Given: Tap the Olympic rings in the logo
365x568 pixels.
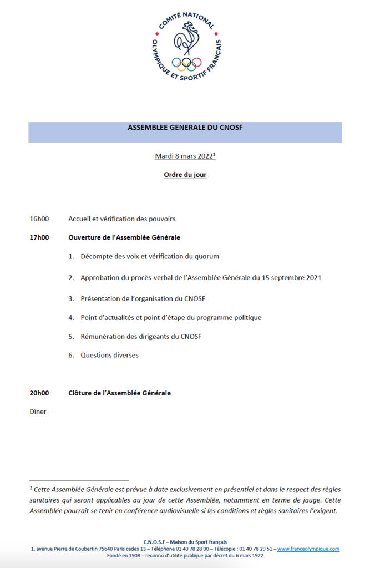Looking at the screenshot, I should coord(186,63).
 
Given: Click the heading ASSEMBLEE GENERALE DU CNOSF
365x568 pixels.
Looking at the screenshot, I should coord(185,127).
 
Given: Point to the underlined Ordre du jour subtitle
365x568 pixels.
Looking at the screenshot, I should coord(185,175).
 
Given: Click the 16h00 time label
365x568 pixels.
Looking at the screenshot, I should coord(39,219).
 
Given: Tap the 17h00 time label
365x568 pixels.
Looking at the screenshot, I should coord(39,237).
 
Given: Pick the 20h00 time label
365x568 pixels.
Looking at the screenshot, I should coord(39,393).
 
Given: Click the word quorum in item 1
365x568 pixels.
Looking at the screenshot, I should coord(206,256).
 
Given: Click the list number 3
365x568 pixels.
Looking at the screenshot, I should coord(71,298).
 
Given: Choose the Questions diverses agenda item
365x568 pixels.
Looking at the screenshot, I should coord(109,355).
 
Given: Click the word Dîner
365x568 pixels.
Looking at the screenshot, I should coord(38,412).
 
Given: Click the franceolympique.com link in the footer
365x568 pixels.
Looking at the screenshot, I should coord(308,549).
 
